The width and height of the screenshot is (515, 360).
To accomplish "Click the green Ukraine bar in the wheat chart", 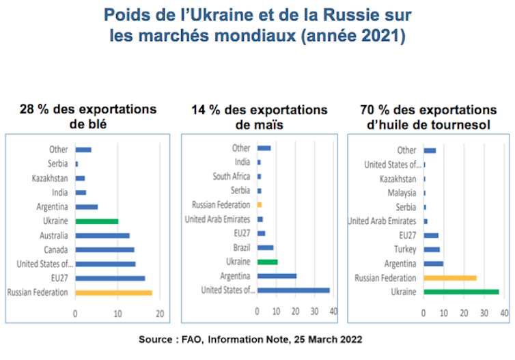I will tap(96, 221).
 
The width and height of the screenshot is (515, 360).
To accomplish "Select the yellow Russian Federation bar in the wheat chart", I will tap(113, 292).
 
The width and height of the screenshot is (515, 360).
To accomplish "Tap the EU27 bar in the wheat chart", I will tap(110, 278).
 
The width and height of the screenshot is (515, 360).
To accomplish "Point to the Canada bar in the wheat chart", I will tap(105, 249).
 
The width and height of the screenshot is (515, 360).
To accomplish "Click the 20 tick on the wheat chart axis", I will tap(160, 314).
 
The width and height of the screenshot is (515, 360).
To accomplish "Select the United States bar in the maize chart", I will tap(293, 290).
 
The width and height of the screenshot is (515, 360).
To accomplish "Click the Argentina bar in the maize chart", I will tap(277, 276).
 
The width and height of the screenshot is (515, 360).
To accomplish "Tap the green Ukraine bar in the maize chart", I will tap(267, 262).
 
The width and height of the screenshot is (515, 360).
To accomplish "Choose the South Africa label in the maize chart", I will tap(231, 176).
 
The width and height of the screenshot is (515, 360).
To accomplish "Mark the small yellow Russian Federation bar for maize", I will tap(260, 204).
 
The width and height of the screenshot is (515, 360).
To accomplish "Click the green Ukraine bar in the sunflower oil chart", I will tap(461, 292).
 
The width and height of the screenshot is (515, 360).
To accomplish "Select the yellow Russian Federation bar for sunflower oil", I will tap(450, 278).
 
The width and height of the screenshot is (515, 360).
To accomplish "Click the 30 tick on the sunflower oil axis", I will tap(484, 313).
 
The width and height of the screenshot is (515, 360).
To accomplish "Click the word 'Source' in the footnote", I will tap(158, 340).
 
